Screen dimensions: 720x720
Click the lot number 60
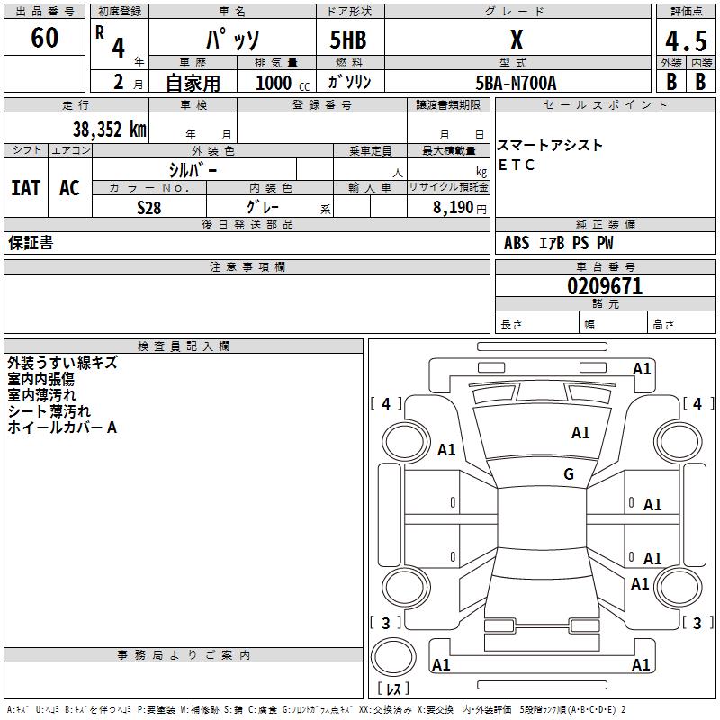pyautogui.click(x=44, y=38)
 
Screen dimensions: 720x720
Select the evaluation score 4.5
pyautogui.click(x=685, y=41)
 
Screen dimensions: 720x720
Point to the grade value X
pyautogui.click(x=517, y=40)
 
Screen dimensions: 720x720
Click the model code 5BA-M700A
pyautogui.click(x=517, y=83)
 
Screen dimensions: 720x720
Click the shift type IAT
pyautogui.click(x=26, y=188)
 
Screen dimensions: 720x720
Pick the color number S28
pyautogui.click(x=149, y=208)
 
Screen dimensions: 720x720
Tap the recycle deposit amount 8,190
pyautogui.click(x=452, y=208)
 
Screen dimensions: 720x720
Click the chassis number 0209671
pyautogui.click(x=605, y=287)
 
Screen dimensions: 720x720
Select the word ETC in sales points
pyautogui.click(x=517, y=165)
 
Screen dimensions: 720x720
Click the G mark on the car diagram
pyautogui.click(x=568, y=473)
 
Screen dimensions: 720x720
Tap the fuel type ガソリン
pyautogui.click(x=349, y=82)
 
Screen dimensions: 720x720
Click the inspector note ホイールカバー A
pyautogui.click(x=62, y=427)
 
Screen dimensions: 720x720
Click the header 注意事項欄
pyautogui.click(x=247, y=267)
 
